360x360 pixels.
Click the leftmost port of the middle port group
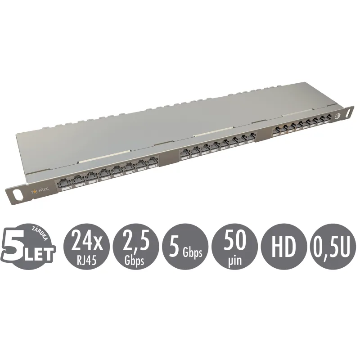pyautogui.click(x=184, y=153)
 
